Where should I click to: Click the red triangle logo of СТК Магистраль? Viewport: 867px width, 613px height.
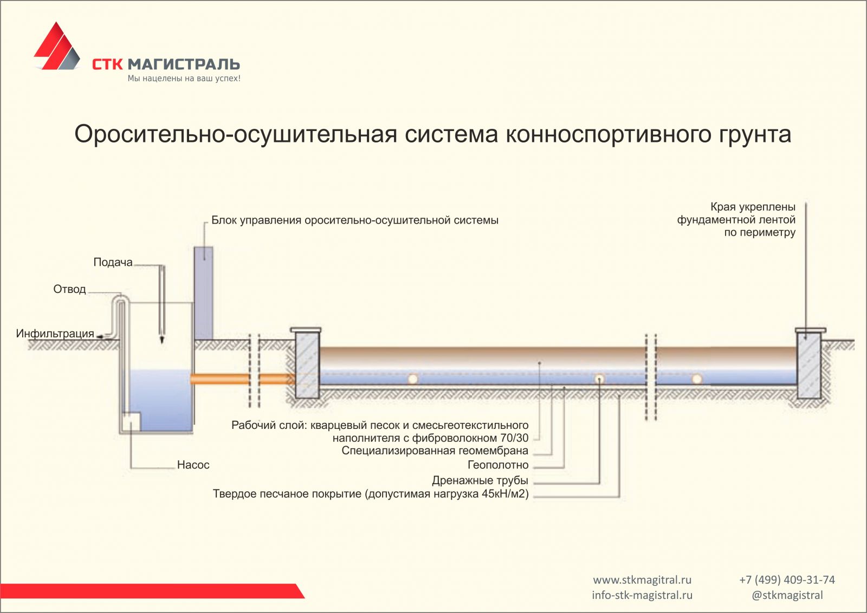pos(57,47)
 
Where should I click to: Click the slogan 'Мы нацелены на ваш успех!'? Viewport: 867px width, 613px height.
pos(184,79)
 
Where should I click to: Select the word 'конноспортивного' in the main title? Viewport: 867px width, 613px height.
pos(608,135)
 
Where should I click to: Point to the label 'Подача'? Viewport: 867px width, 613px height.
pos(113,262)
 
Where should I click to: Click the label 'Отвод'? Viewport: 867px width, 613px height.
pos(70,289)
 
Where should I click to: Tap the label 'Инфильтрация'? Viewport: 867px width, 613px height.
pos(55,334)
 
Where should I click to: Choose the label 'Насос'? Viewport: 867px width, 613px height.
pos(193,465)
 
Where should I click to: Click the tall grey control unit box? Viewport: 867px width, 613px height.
pos(203,293)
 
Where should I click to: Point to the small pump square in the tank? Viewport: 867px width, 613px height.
pos(132,421)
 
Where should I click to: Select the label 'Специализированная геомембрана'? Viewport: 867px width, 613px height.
pos(435,451)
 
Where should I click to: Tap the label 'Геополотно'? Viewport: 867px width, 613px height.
pos(498,465)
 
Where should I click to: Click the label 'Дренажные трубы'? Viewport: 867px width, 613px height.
pos(480,480)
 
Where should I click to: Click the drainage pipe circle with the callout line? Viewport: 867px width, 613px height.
pos(599,379)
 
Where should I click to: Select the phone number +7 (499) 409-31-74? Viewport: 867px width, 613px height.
pos(787,580)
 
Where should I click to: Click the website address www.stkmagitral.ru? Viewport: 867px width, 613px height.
pos(642,580)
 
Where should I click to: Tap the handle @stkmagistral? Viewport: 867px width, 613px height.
pos(787,595)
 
